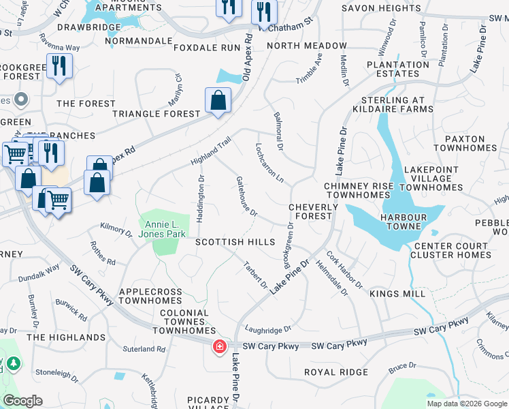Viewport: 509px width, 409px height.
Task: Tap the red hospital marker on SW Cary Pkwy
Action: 220,346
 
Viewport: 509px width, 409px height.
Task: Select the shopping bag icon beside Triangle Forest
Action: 217,102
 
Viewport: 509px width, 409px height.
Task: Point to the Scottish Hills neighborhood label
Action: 235,242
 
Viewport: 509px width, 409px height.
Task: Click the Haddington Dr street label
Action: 201,198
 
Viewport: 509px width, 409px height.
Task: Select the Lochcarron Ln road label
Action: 269,161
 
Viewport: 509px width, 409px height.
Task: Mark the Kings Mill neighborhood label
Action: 397,294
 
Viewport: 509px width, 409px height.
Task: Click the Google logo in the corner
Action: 22,401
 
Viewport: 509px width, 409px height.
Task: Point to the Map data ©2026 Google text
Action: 467,404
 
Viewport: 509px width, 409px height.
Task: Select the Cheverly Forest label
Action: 313,211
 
